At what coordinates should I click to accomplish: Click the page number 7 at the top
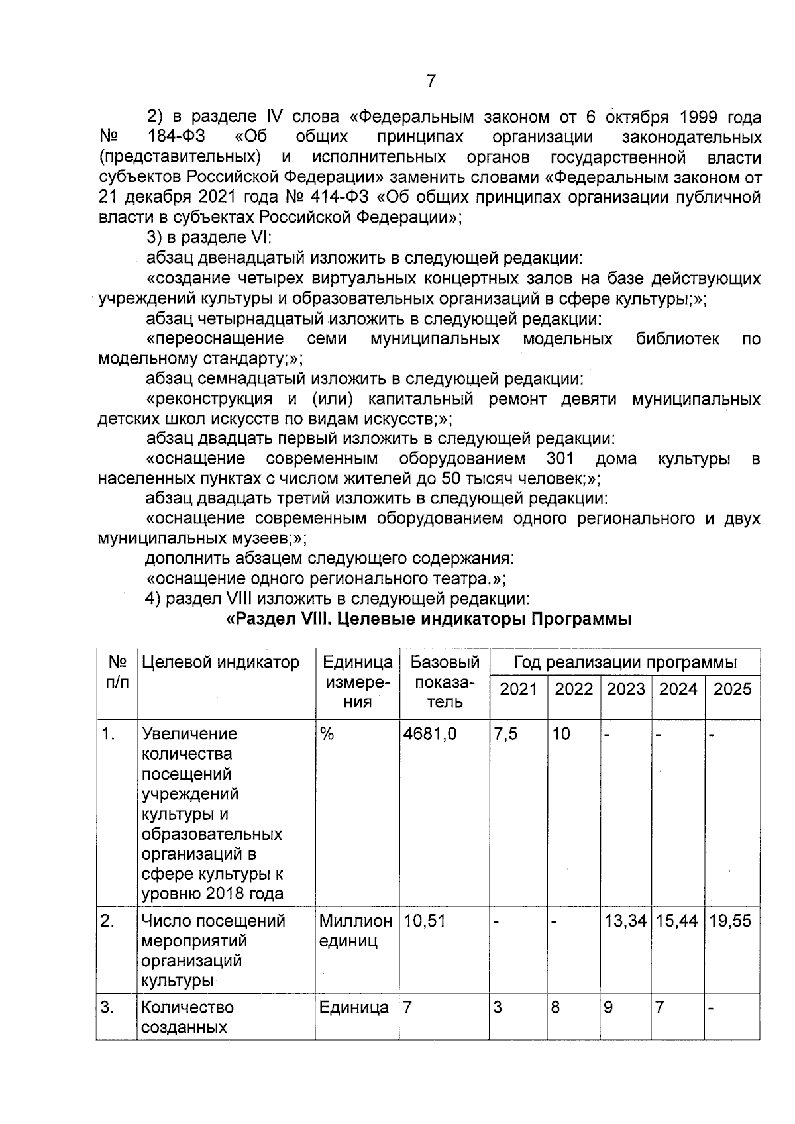point(431,81)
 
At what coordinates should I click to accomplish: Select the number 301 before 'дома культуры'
point(560,458)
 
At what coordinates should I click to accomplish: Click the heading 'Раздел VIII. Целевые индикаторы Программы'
point(429,619)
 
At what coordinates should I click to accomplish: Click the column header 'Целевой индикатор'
point(221,662)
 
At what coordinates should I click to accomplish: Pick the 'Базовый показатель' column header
point(445,682)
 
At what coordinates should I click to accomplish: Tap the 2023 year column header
point(625,689)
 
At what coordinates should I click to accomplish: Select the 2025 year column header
point(732,689)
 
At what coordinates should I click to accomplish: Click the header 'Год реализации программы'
point(625,662)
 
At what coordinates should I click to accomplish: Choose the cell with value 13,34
point(625,921)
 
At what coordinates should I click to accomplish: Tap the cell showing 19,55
point(730,921)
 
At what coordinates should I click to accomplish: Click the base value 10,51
point(425,921)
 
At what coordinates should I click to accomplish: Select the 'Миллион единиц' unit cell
point(355,931)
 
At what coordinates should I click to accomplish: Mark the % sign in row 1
point(327,733)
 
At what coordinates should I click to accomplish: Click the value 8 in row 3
point(555,1007)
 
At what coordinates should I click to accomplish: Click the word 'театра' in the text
point(464,579)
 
